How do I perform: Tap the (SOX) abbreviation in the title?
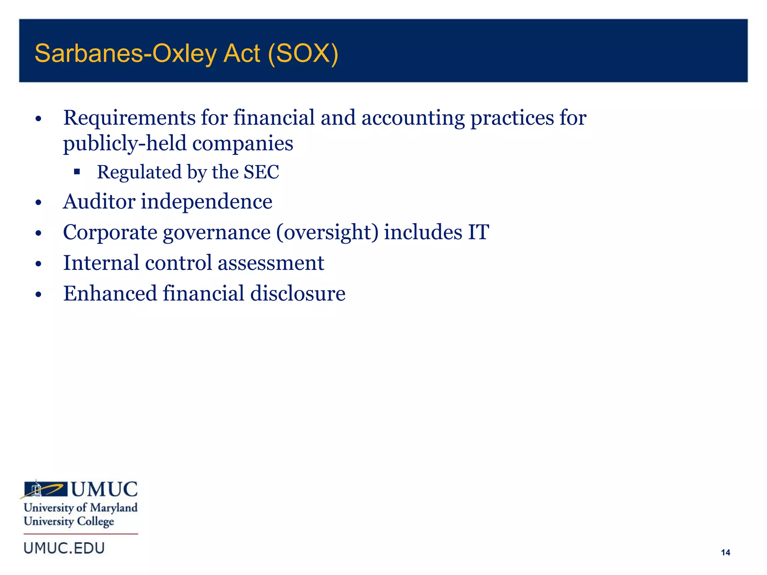303,54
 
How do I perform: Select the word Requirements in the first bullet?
129,118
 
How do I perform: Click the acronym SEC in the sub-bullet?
261,172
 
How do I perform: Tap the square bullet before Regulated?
77,172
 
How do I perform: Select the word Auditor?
98,202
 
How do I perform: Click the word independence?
206,202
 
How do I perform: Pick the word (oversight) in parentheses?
327,232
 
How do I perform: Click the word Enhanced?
110,293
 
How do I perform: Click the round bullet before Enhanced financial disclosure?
38,295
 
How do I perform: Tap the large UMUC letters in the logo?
104,489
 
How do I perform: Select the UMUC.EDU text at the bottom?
64,548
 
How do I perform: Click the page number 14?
725,553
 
